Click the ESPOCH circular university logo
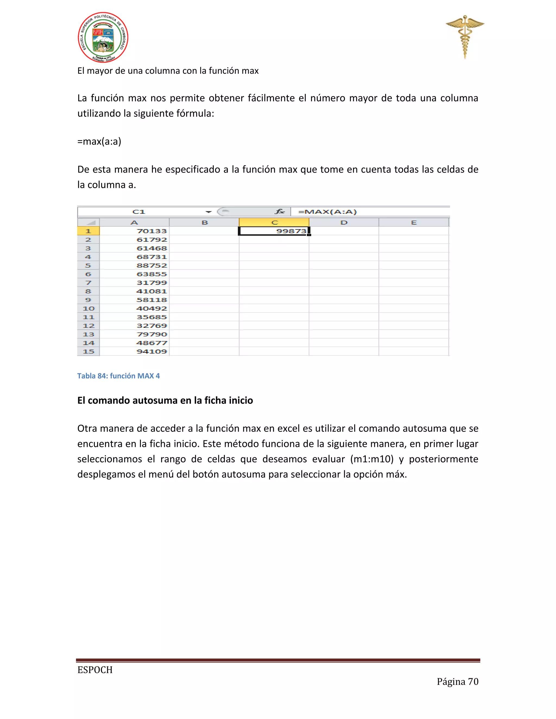[103, 37]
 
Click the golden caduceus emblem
[465, 36]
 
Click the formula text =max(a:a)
[99, 141]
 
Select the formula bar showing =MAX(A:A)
[369, 212]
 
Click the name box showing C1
[139, 212]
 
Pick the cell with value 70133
[135, 231]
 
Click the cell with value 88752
[135, 265]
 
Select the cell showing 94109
[135, 351]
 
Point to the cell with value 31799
[135, 282]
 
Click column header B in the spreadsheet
[204, 222]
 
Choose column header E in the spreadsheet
[414, 222]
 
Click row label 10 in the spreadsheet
[88, 308]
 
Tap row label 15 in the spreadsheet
[88, 351]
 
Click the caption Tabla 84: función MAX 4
[119, 376]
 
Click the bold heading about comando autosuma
[165, 400]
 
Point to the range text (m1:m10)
[372, 459]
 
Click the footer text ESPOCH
[95, 670]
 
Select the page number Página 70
[457, 682]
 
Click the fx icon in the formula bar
[280, 212]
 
